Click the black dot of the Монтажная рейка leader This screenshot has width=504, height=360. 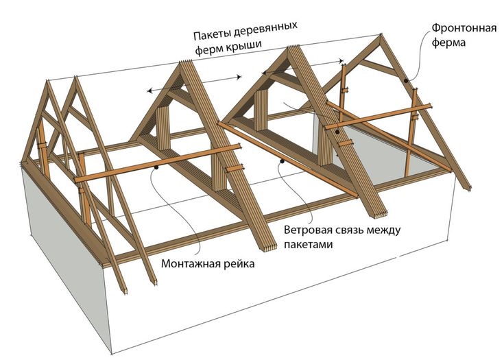157,167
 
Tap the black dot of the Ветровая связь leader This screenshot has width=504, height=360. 283,162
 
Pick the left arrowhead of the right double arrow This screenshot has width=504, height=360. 263,71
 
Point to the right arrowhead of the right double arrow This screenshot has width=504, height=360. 344,62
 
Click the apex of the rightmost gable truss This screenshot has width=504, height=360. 380,36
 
